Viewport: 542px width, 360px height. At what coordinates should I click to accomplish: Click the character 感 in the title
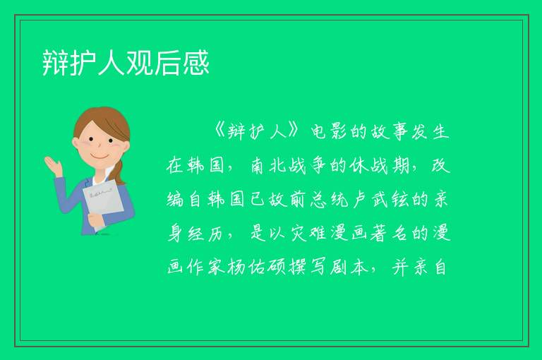(196, 63)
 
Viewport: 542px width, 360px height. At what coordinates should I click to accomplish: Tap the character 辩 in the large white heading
(55, 63)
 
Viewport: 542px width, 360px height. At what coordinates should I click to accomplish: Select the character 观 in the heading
(140, 63)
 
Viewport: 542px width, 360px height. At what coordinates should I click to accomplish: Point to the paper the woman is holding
(102, 203)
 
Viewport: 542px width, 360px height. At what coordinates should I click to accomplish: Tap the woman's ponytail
(119, 172)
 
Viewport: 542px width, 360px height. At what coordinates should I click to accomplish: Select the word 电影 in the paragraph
(329, 131)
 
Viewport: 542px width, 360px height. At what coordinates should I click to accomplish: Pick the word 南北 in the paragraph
(268, 165)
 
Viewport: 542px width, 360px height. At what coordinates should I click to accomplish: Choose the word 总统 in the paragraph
(328, 199)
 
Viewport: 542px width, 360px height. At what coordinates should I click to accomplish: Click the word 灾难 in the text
(308, 233)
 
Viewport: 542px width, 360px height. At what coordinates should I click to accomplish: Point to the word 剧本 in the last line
(349, 267)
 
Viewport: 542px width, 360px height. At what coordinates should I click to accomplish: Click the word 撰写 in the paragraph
(308, 267)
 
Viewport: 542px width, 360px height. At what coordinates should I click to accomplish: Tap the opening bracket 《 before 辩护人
(219, 131)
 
